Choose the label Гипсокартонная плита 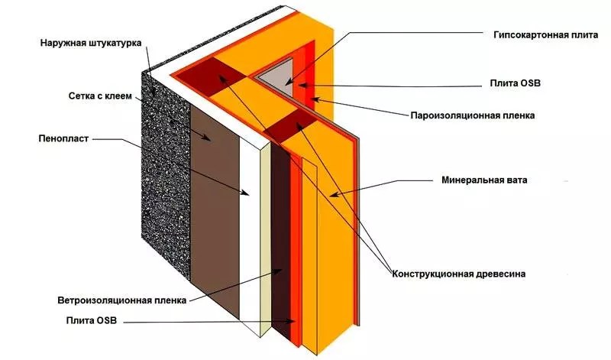pyautogui.click(x=540, y=35)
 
